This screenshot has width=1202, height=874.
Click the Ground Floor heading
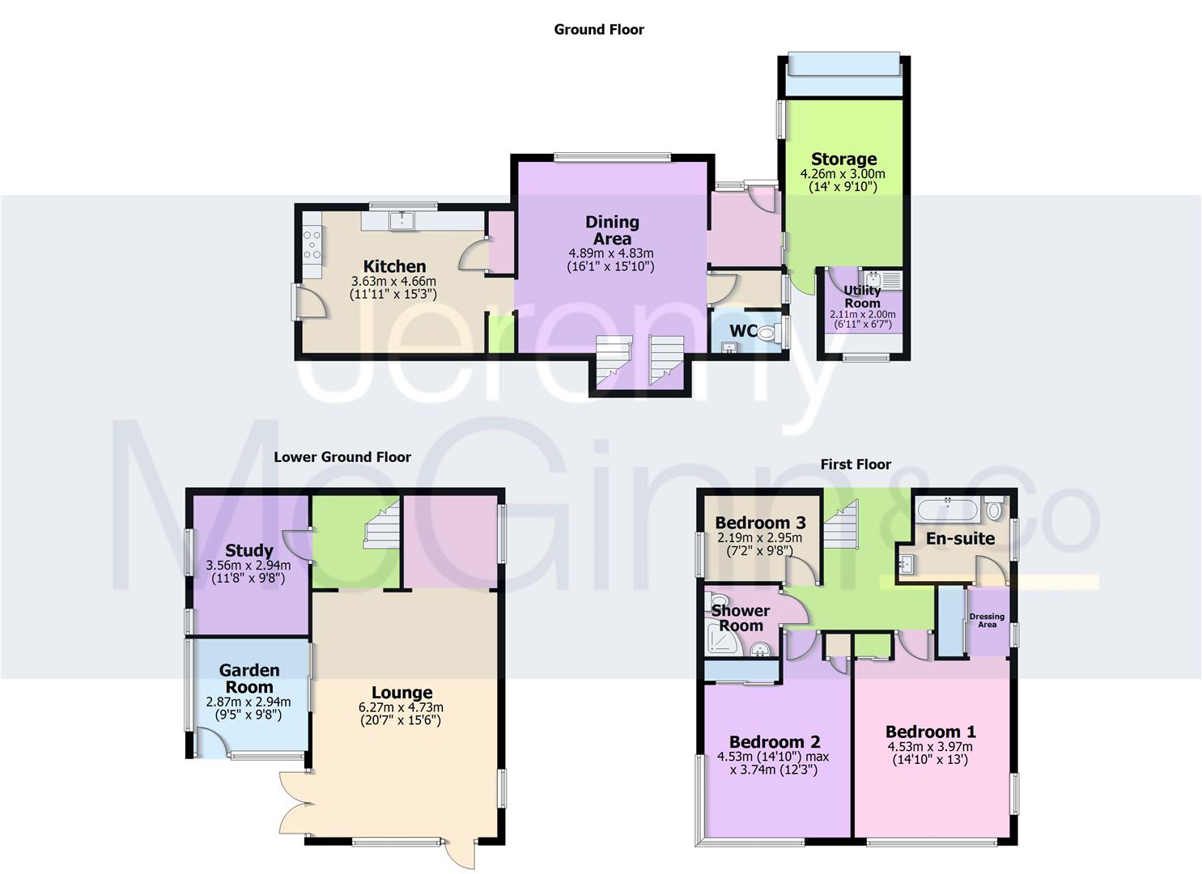point(599,30)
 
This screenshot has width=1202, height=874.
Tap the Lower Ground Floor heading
point(342,457)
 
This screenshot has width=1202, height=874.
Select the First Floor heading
point(856,465)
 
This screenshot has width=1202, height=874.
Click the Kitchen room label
point(394,266)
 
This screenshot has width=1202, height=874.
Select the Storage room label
point(843,159)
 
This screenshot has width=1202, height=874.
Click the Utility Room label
point(862,296)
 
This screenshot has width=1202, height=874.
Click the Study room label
point(249,551)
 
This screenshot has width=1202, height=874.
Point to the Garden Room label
point(249,678)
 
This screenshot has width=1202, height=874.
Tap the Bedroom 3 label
point(760,523)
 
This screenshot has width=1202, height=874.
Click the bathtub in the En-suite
point(947,510)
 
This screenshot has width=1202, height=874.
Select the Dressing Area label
point(987,621)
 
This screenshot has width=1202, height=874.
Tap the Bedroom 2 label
point(775,742)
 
